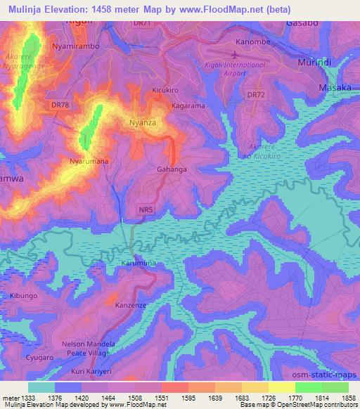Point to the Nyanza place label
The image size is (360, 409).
(x=141, y=122)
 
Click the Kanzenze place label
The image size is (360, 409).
(x=131, y=305)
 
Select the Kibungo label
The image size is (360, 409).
(x=24, y=296)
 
